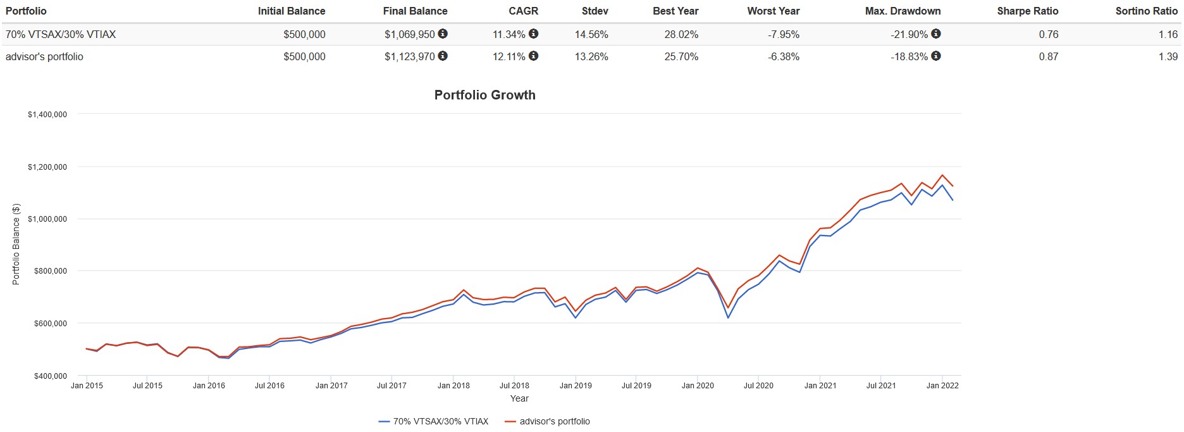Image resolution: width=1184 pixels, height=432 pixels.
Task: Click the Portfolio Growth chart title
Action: [484, 95]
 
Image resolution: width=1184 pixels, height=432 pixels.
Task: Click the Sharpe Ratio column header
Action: [1027, 11]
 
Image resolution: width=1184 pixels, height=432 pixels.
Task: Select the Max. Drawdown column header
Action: [903, 11]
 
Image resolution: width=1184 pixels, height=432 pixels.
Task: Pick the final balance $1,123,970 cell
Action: [409, 56]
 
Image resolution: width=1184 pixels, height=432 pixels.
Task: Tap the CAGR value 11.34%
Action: [509, 34]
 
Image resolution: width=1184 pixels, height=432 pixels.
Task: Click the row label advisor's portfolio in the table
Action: [44, 56]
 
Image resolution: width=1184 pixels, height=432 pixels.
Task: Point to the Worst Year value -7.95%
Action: [783, 34]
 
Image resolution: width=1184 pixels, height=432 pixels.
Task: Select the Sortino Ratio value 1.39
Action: [1168, 56]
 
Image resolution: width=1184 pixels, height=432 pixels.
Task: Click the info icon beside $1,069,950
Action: [443, 34]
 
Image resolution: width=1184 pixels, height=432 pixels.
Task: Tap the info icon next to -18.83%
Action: [936, 56]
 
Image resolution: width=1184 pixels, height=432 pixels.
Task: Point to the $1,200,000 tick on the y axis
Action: [47, 167]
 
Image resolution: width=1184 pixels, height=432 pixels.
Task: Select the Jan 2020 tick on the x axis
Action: [698, 385]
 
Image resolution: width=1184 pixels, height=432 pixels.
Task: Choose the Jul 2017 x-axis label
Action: [392, 385]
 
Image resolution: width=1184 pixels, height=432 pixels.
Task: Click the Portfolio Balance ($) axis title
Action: [16, 245]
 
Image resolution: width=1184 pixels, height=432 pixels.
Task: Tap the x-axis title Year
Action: [519, 398]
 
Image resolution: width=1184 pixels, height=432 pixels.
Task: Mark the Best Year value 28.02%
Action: [681, 34]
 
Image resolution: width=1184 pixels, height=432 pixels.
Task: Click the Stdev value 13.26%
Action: [591, 56]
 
